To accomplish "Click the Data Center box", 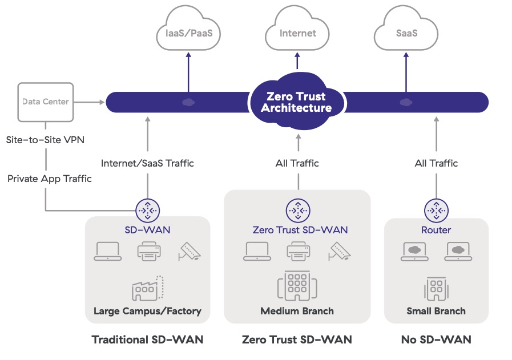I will click(x=45, y=102).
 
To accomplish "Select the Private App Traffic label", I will click(x=49, y=179).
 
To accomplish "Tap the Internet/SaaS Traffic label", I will click(x=147, y=163).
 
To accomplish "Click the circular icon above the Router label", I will click(x=436, y=210).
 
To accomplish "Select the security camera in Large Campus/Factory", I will click(x=189, y=251).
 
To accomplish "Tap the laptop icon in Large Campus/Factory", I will click(x=107, y=251).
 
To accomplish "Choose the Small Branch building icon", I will click(x=436, y=290).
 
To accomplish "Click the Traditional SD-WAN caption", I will click(x=147, y=339).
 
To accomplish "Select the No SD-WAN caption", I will click(x=436, y=339).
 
